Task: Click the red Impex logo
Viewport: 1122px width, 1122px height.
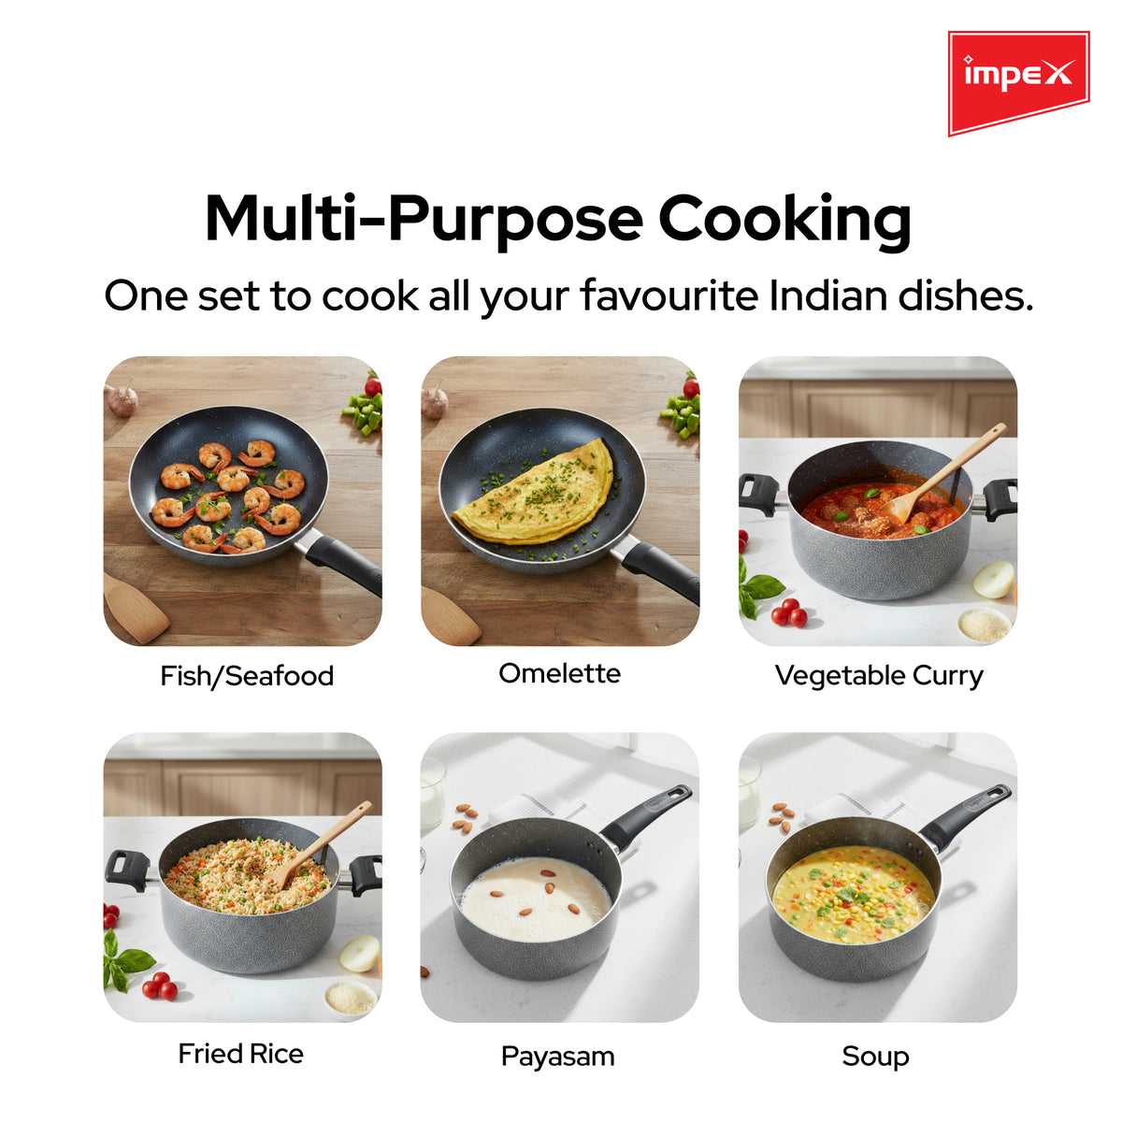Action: coord(1018,82)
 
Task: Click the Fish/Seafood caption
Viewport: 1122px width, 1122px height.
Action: coord(247,676)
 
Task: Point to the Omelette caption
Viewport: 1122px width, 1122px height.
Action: coord(559,673)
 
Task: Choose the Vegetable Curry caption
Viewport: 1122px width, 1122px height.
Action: coord(879,676)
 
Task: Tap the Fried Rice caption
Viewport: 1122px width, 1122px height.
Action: coord(241,1054)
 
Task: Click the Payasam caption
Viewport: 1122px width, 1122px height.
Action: coord(558,1057)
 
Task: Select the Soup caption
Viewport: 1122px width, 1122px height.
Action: coord(875,1057)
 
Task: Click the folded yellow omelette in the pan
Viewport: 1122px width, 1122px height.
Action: coord(536,494)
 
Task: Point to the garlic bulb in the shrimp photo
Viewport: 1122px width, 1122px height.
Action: coord(122,399)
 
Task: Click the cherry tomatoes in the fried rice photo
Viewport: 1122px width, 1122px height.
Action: coord(160,986)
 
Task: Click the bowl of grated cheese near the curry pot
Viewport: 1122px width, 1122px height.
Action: coord(984,626)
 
